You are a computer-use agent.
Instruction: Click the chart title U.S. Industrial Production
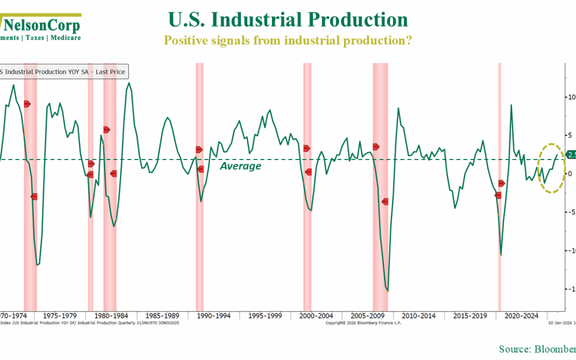[x=288, y=20]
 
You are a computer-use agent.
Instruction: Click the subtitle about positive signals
[x=287, y=41]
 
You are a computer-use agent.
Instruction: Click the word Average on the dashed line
[x=241, y=166]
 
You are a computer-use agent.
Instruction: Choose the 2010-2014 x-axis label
[x=420, y=315]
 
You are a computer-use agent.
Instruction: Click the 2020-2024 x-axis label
[x=523, y=315]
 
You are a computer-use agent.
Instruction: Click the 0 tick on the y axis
[x=570, y=173]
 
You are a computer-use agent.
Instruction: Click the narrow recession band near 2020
[x=500, y=187]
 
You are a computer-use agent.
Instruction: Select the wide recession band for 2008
[x=380, y=187]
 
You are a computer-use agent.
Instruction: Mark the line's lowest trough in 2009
[x=388, y=291]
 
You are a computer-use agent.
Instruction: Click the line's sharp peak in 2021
[x=511, y=105]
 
